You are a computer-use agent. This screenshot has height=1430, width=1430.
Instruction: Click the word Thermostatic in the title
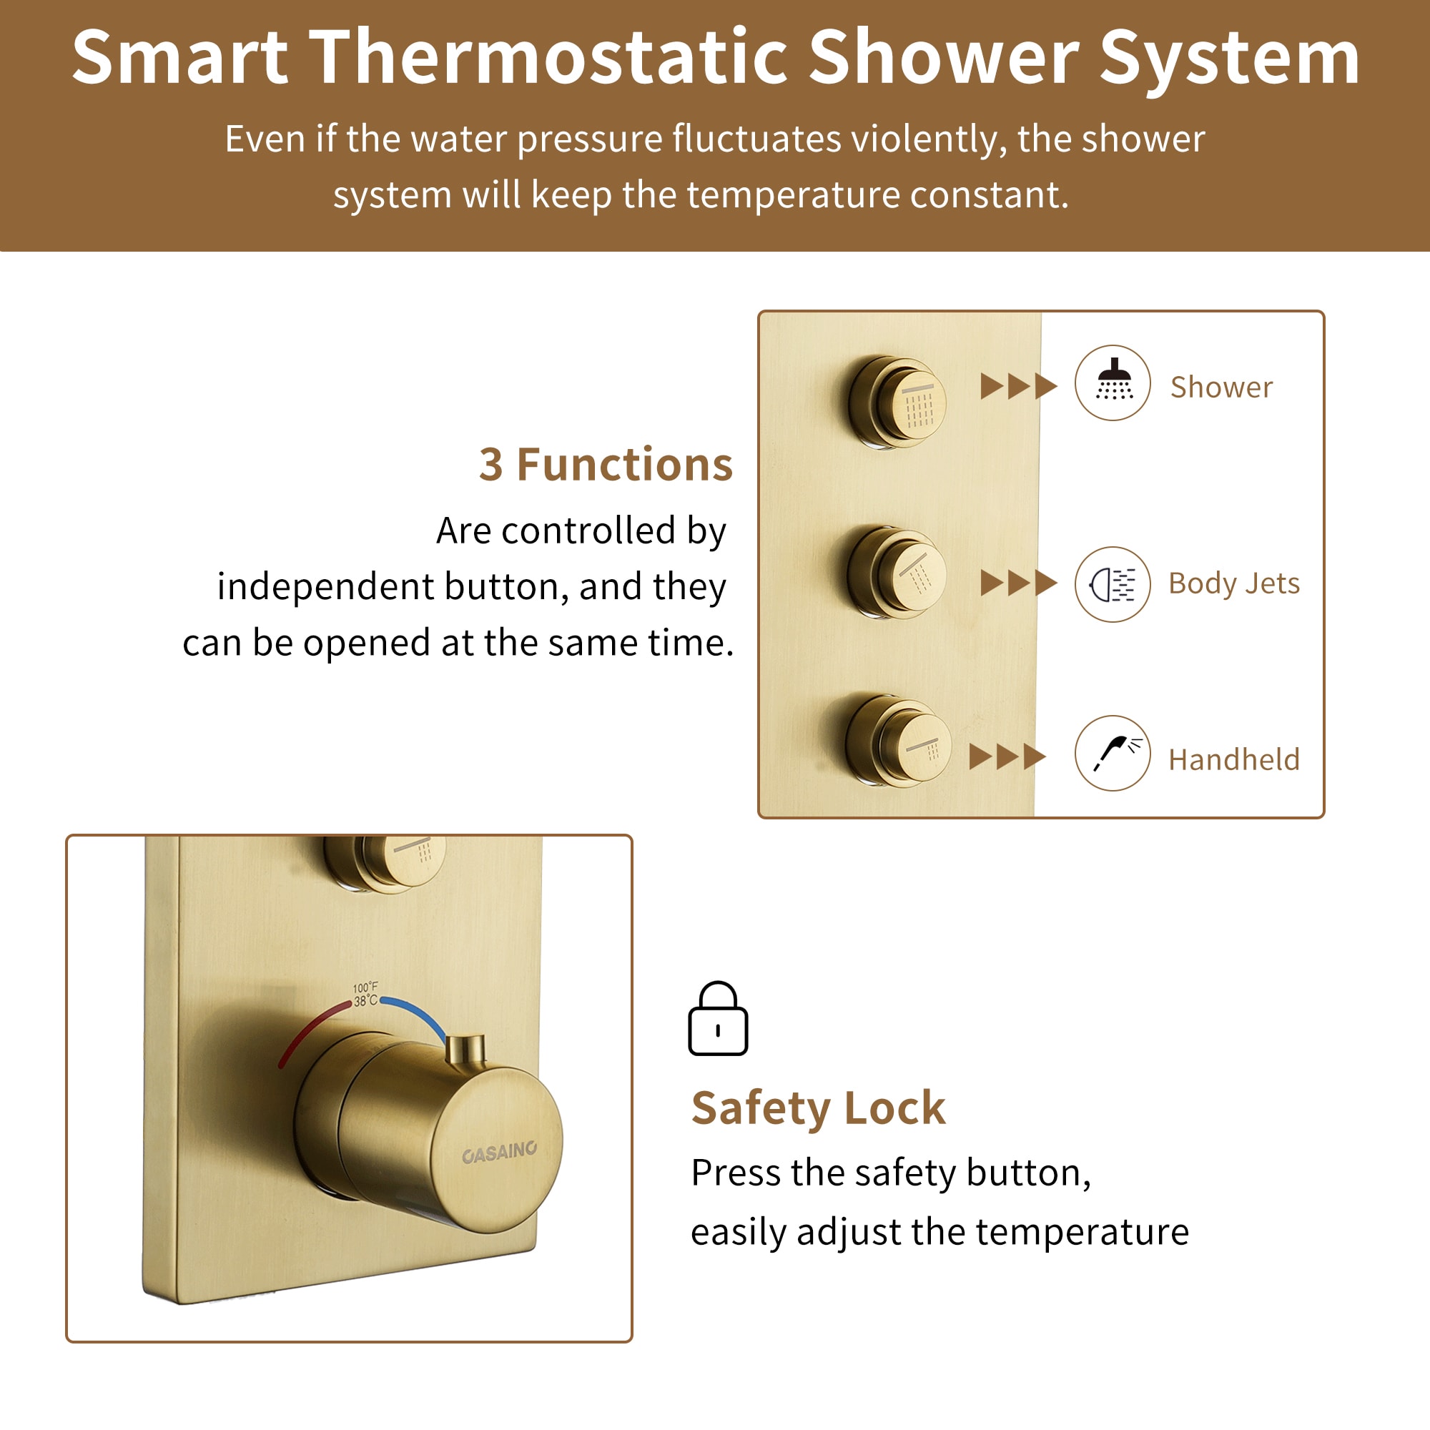pyautogui.click(x=548, y=58)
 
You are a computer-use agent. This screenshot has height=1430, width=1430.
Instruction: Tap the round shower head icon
pyautogui.click(x=1113, y=383)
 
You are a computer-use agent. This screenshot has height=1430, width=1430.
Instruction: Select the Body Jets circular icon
pyautogui.click(x=1113, y=584)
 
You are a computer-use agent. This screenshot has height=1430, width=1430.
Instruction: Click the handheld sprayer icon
pyautogui.click(x=1113, y=754)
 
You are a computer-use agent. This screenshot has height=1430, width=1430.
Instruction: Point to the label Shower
pyautogui.click(x=1221, y=387)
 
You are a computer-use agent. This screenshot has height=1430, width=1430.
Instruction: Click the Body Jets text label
pyautogui.click(x=1234, y=584)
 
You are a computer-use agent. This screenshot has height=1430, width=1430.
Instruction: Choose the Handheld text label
pyautogui.click(x=1234, y=759)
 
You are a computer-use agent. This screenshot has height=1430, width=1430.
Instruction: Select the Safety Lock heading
pyautogui.click(x=818, y=1108)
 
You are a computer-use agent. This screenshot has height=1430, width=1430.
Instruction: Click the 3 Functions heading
pyautogui.click(x=606, y=465)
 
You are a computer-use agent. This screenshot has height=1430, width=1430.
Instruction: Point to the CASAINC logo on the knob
pyautogui.click(x=500, y=1153)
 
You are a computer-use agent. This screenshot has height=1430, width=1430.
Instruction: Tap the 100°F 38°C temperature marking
pyautogui.click(x=365, y=994)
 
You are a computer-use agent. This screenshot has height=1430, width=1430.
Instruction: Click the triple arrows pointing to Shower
pyautogui.click(x=1018, y=385)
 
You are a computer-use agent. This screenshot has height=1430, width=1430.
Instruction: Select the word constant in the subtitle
pyautogui.click(x=990, y=195)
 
